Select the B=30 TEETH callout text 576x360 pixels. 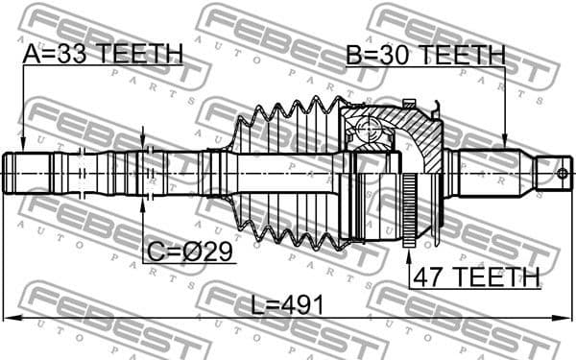pos(425,55)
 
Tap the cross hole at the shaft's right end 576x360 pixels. pos(564,174)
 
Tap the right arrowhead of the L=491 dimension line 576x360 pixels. pos(567,319)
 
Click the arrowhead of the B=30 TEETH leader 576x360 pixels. pos(506,145)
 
